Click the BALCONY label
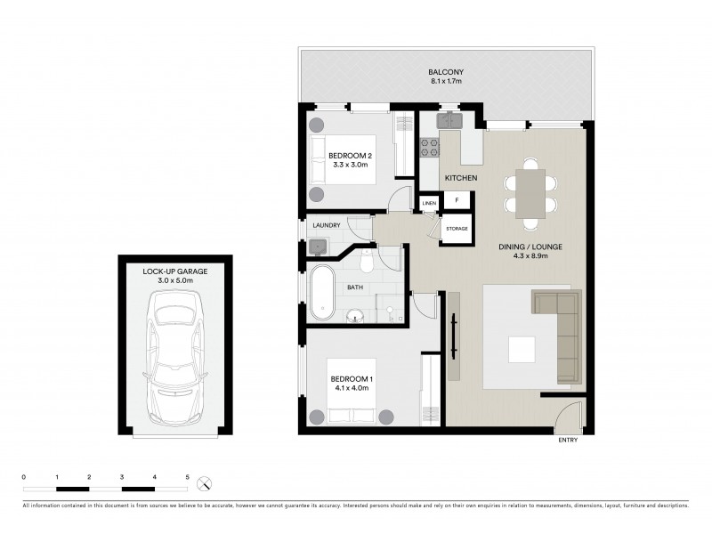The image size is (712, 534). [446, 72]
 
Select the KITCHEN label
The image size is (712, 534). [461, 179]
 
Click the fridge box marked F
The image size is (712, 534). [457, 201]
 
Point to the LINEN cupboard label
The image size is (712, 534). [430, 205]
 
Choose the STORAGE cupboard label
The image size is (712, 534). [457, 229]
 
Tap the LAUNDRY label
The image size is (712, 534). [327, 225]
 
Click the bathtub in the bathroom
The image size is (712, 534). [321, 293]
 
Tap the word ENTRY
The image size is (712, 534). [567, 441]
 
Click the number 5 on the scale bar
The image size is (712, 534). [187, 478]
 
